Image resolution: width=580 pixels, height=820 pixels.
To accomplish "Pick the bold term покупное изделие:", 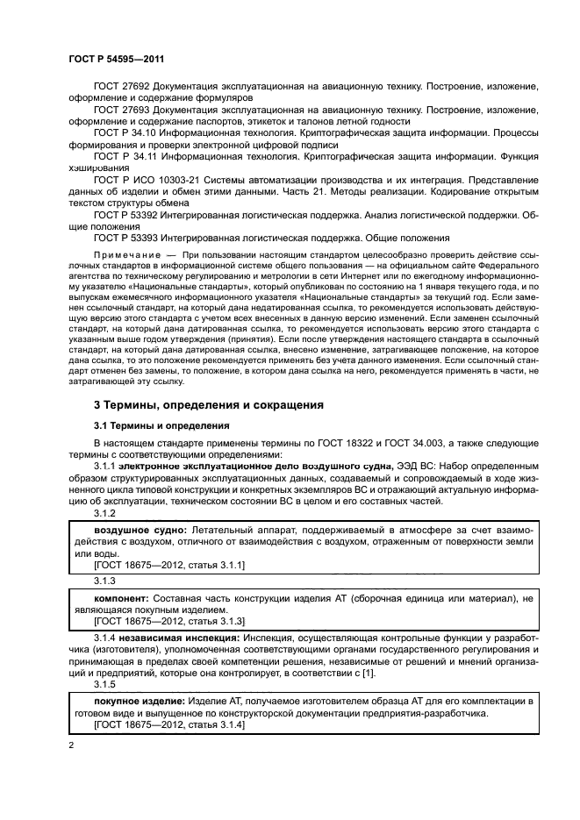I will pyautogui.click(x=137, y=702).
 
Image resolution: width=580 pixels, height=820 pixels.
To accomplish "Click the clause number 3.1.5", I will pyautogui.click(x=104, y=683).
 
